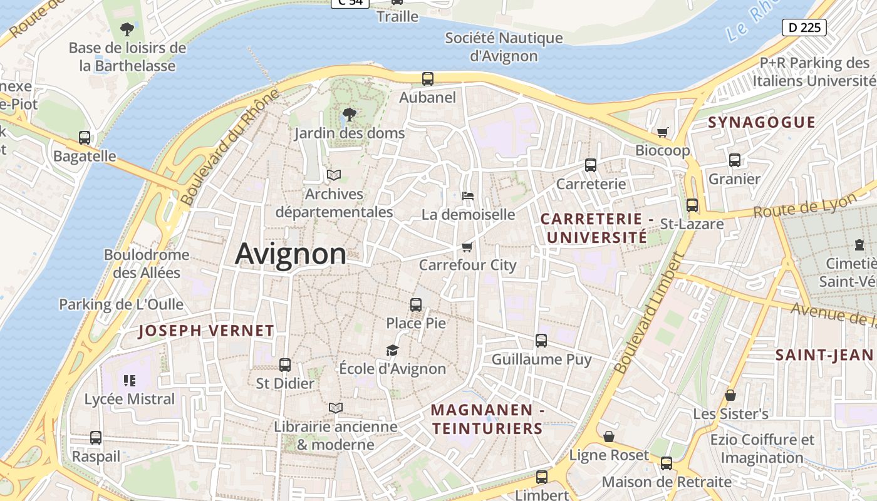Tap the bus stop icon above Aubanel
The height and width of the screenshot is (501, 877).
(428, 79)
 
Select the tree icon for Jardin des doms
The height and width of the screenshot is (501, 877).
(350, 115)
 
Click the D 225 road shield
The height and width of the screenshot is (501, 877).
(804, 28)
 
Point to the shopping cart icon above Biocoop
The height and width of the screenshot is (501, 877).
(662, 132)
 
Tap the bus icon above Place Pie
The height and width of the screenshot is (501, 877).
(416, 305)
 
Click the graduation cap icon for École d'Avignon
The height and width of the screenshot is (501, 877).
(392, 350)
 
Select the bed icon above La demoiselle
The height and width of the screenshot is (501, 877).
(468, 196)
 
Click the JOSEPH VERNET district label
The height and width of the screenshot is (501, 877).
(206, 331)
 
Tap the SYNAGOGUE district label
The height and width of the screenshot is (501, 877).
(762, 122)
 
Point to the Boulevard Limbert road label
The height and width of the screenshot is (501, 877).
(648, 313)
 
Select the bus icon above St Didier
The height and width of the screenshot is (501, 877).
(285, 364)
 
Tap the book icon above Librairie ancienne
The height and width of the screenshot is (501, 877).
(336, 408)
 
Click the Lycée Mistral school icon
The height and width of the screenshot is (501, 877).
(130, 381)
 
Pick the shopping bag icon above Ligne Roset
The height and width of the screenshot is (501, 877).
(609, 436)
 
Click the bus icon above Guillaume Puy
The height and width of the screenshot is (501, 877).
(541, 341)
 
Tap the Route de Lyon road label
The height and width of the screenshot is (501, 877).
(805, 205)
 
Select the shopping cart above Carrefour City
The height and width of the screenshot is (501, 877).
(467, 247)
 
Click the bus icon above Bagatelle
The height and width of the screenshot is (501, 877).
(85, 138)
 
